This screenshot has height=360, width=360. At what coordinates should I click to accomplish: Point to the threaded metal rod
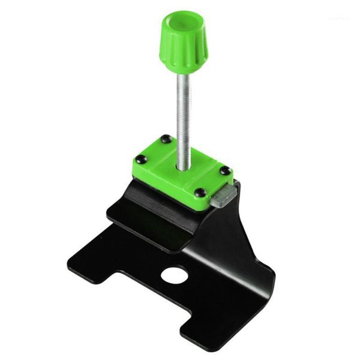183,114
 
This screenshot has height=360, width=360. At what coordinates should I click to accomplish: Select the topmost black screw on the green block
166,139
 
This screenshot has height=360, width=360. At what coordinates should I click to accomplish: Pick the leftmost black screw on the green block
140,160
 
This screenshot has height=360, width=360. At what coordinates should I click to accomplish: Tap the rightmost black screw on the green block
224,171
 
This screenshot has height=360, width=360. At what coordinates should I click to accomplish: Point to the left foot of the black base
90,264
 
